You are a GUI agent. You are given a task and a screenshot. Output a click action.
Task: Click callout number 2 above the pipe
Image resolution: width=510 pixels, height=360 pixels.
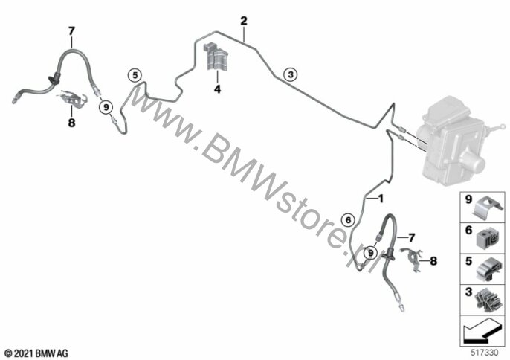tap(243, 21)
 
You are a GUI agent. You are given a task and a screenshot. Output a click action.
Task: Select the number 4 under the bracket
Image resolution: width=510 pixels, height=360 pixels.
tap(218, 89)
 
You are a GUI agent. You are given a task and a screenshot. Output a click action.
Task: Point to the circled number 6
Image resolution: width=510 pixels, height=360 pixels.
tap(346, 219)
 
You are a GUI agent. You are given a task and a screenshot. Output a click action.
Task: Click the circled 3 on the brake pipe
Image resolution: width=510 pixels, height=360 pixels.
tap(291, 73)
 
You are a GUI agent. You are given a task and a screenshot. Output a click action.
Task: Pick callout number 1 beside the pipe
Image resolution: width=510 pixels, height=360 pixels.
tap(381, 199)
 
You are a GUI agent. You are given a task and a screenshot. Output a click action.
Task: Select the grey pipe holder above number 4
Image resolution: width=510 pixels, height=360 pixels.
tap(216, 58)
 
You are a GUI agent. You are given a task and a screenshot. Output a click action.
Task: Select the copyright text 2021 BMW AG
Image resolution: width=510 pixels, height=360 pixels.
tap(36, 350)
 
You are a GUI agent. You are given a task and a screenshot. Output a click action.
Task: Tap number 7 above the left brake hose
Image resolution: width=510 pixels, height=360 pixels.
tap(71, 30)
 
